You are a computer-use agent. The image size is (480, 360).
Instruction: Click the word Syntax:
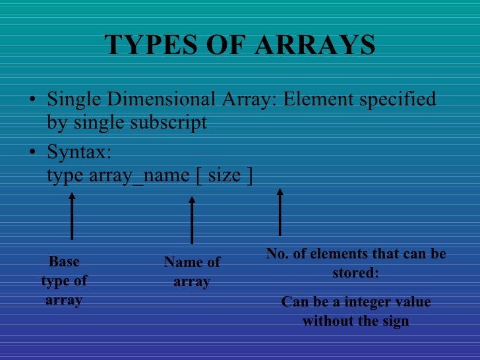pyautogui.click(x=79, y=152)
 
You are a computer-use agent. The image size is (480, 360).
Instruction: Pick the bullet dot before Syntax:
pyautogui.click(x=33, y=152)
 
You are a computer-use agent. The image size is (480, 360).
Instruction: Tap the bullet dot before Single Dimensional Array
pyautogui.click(x=33, y=100)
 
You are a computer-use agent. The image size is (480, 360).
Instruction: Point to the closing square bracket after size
pyautogui.click(x=249, y=175)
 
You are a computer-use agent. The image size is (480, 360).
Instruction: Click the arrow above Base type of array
pyautogui.click(x=72, y=215)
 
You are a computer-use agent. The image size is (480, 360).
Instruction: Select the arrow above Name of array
pyautogui.click(x=192, y=220)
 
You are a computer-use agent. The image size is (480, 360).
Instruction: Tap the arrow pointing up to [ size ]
pyautogui.click(x=280, y=212)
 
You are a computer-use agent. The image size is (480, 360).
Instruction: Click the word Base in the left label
pyautogui.click(x=64, y=262)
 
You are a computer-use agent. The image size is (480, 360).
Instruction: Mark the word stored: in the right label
pyautogui.click(x=355, y=272)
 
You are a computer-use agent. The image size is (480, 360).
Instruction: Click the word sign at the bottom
pyautogui.click(x=396, y=321)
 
